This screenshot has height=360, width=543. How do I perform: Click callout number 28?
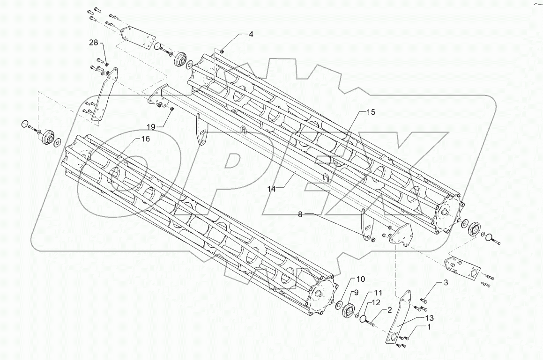(x=94, y=43)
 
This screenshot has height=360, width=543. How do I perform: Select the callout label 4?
(x=251, y=34)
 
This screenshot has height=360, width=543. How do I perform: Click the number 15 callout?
(x=371, y=112)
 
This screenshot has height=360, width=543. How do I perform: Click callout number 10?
(x=360, y=279)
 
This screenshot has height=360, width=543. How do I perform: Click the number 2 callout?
(x=388, y=309)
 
